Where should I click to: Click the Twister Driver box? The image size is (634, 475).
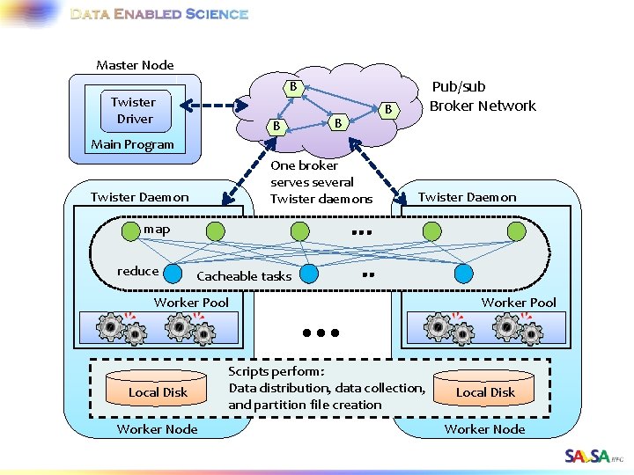[x=133, y=110]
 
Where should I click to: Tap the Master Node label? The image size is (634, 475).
[x=135, y=65]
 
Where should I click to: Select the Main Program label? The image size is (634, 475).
[x=133, y=144]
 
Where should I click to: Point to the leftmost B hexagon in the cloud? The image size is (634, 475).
[x=276, y=128]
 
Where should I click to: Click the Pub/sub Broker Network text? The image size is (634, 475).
[x=482, y=97]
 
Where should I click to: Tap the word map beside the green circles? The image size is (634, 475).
[x=157, y=230]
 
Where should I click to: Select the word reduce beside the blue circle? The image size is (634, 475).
[x=137, y=271]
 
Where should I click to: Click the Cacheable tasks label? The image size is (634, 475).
[x=244, y=276]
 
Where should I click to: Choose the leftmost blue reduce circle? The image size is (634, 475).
[x=173, y=274]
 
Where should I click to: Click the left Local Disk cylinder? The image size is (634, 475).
[x=158, y=388]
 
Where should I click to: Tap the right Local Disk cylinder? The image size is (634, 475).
[x=484, y=388]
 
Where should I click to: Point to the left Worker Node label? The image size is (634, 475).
[x=158, y=429]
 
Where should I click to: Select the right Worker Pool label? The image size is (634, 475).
[x=519, y=303]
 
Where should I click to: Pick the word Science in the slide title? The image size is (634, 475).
[x=217, y=14]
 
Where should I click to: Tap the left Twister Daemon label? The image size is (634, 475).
[x=139, y=197]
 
